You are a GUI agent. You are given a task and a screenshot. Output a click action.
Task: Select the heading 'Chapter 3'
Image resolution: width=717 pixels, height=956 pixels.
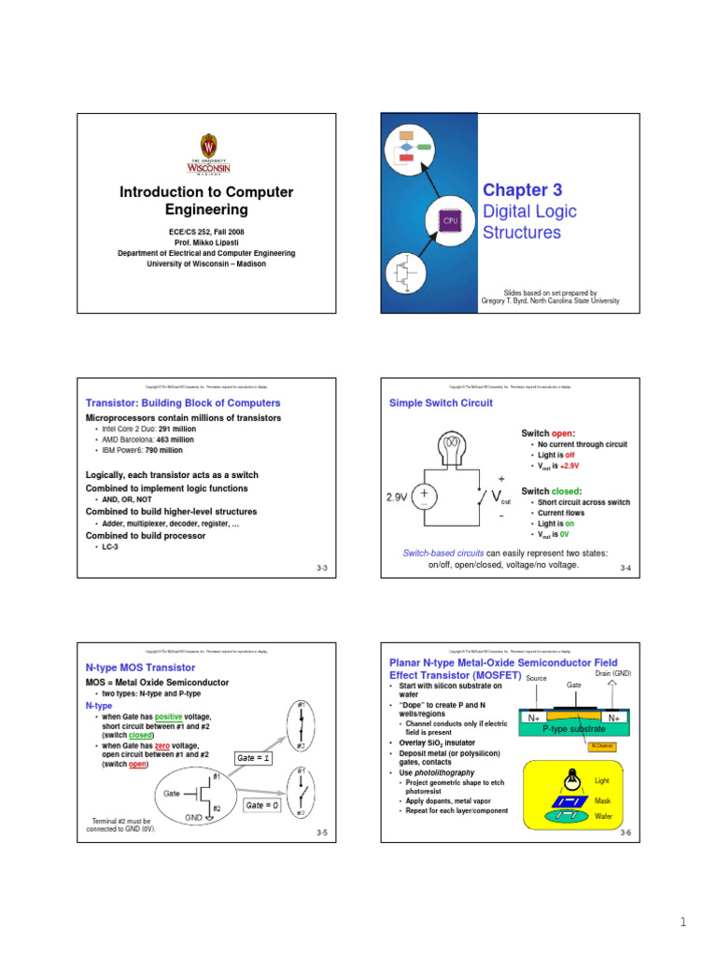tap(522, 190)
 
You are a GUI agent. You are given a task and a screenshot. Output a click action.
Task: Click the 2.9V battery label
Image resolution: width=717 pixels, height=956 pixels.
tap(397, 498)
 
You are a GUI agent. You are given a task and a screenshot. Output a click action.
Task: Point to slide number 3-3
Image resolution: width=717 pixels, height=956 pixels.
tap(321, 568)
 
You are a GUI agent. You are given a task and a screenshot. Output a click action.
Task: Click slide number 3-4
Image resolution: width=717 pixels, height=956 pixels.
tap(626, 568)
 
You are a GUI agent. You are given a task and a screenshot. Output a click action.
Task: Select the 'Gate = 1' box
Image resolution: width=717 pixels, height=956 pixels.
tap(253, 758)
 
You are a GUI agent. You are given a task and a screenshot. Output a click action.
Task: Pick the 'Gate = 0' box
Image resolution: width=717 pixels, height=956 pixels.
tap(264, 805)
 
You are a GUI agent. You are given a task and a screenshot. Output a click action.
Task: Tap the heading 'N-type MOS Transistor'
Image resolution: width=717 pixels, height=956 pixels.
tap(140, 668)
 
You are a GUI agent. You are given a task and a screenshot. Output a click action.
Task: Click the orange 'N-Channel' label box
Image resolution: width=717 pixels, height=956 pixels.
tap(600, 746)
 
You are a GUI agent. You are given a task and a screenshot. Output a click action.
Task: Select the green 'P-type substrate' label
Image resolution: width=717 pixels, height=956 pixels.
tap(573, 728)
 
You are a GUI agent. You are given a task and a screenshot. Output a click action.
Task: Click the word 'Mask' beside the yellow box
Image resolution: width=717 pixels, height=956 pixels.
tap(603, 801)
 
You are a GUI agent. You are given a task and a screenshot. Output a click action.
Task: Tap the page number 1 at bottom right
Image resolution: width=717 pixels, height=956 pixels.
tap(683, 922)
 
